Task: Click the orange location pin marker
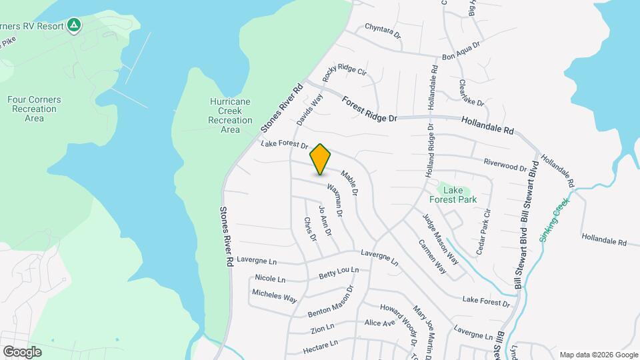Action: point(321,159)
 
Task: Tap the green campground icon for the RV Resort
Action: point(75,26)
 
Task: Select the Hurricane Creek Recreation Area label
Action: point(230,115)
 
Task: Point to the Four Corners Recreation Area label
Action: point(34,109)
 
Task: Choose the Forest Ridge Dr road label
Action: point(369,109)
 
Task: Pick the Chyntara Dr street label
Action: point(382,31)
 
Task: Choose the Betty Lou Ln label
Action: point(339,273)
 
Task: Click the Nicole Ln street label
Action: point(270,279)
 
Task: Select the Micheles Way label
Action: point(274,296)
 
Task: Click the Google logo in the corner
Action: point(22,351)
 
